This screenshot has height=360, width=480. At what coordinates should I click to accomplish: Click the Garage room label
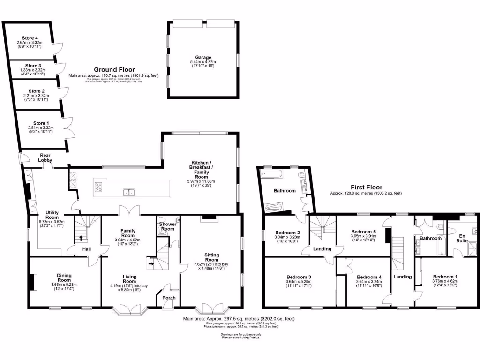click(203, 57)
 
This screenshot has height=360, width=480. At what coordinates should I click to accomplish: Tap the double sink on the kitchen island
click(128, 191)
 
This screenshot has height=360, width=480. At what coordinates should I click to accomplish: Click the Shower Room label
click(168, 226)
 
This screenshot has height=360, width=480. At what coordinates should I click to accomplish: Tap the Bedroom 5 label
click(364, 231)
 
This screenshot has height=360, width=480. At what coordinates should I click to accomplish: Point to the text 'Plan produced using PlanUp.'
click(241, 337)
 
